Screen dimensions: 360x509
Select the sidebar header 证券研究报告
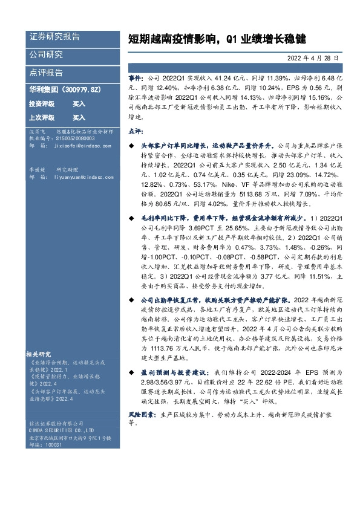coord(54,37)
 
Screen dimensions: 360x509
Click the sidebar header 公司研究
coord(46,55)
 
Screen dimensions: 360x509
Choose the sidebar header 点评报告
coord(46,73)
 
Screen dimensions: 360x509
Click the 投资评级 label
coord(42,103)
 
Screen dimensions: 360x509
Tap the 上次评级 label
coord(42,117)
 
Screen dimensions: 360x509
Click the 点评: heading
coord(135,131)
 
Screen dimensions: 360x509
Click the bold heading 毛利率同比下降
coord(163,217)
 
